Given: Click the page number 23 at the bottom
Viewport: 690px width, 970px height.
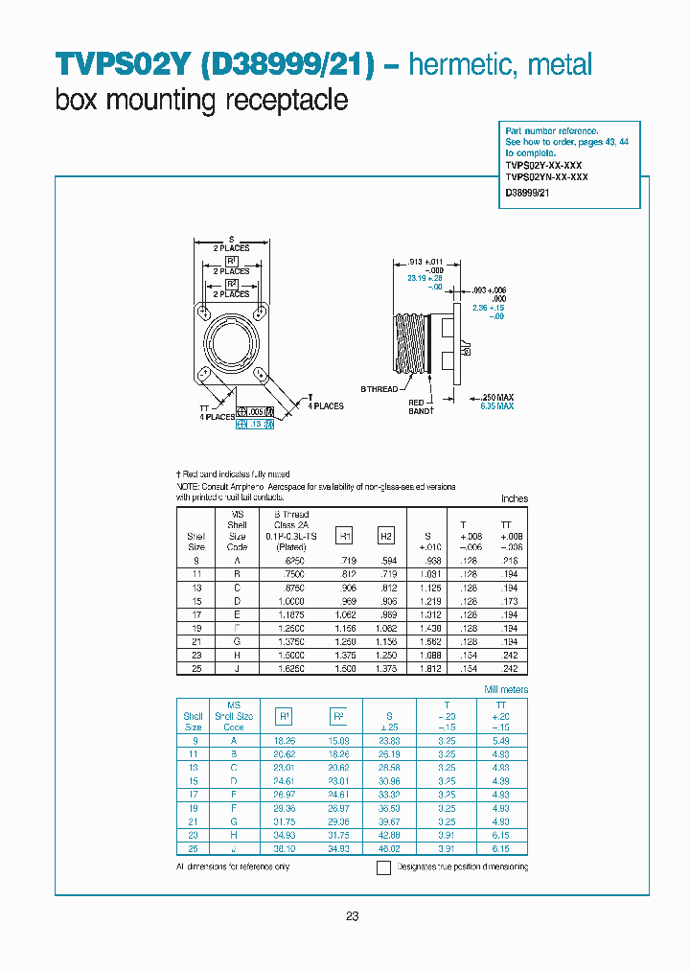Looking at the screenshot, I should coord(352,916).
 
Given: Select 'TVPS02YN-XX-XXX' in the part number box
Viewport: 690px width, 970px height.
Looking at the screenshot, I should coord(546,177).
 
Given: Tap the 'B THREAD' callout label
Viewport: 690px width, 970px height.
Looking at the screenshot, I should coord(379,388).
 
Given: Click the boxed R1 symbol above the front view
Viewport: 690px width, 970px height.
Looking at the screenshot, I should coord(232,261).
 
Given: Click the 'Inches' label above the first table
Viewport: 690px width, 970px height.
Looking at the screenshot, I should coord(515,499).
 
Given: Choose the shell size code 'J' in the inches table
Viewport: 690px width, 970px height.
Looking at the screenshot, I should coord(237,668).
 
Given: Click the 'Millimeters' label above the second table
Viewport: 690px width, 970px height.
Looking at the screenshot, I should coord(506,689).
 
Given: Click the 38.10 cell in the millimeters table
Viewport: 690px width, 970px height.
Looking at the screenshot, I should coord(284,848).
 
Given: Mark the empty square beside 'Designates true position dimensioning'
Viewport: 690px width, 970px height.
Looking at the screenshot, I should coord(383,867).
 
